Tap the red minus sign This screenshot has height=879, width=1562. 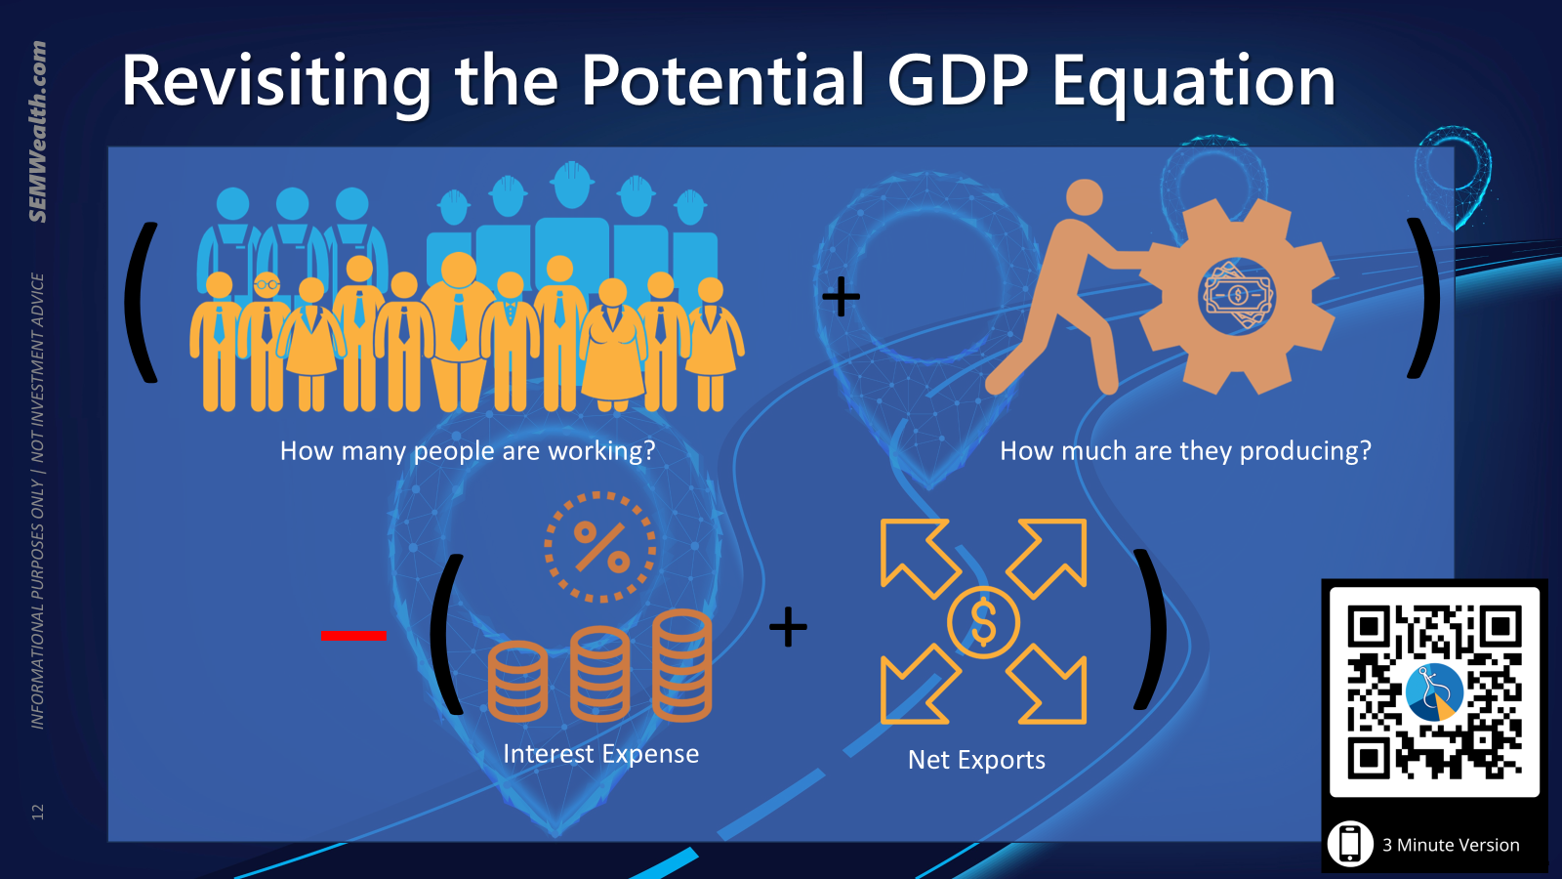coord(353,635)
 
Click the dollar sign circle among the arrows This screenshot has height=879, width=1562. coord(983,622)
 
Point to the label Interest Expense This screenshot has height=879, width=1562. coord(600,753)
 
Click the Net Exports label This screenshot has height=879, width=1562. coord(976,760)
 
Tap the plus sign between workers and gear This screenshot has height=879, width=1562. coord(841,297)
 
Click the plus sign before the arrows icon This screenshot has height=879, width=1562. coord(788,626)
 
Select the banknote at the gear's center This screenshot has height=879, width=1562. coord(1238,295)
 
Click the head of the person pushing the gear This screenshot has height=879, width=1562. coord(1085,197)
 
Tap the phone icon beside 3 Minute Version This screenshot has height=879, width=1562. coord(1350,843)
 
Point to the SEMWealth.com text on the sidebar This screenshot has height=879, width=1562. coord(38,132)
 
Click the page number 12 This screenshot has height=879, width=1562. coord(38,812)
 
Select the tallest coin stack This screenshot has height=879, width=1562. coord(682,665)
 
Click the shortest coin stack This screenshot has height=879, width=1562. coord(517,681)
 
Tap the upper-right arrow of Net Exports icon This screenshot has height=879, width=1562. coord(1047,558)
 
